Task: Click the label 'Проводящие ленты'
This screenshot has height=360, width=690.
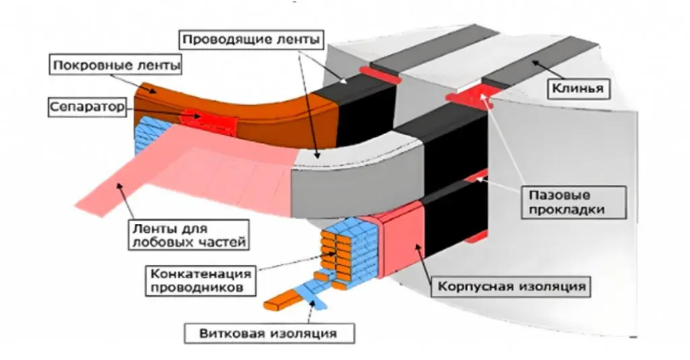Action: tap(250, 39)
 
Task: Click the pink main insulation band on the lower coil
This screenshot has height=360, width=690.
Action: tap(402, 243)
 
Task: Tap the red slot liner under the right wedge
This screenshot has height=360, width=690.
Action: tap(469, 100)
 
